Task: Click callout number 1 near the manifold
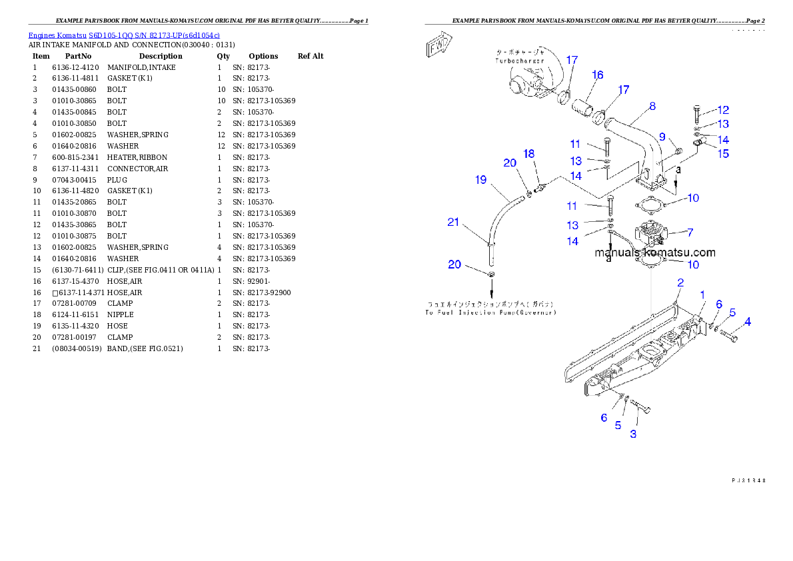[702, 294]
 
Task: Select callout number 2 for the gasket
[680, 282]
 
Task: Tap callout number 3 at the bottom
[633, 434]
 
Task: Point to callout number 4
[748, 322]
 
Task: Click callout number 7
[690, 233]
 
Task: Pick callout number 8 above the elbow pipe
[652, 106]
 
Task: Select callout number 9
[662, 137]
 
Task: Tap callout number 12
[723, 110]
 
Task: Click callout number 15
[723, 153]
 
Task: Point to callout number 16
[597, 75]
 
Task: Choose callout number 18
[529, 154]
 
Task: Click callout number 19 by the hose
[480, 180]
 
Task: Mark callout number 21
[453, 222]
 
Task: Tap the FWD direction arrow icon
[439, 48]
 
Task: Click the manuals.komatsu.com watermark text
[655, 253]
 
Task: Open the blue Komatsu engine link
[124, 35]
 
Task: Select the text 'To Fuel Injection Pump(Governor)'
[491, 312]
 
